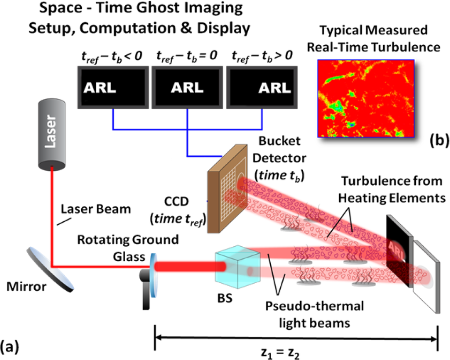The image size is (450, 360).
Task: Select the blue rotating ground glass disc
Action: click(x=152, y=268)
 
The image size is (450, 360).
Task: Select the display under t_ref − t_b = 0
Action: click(x=187, y=88)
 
